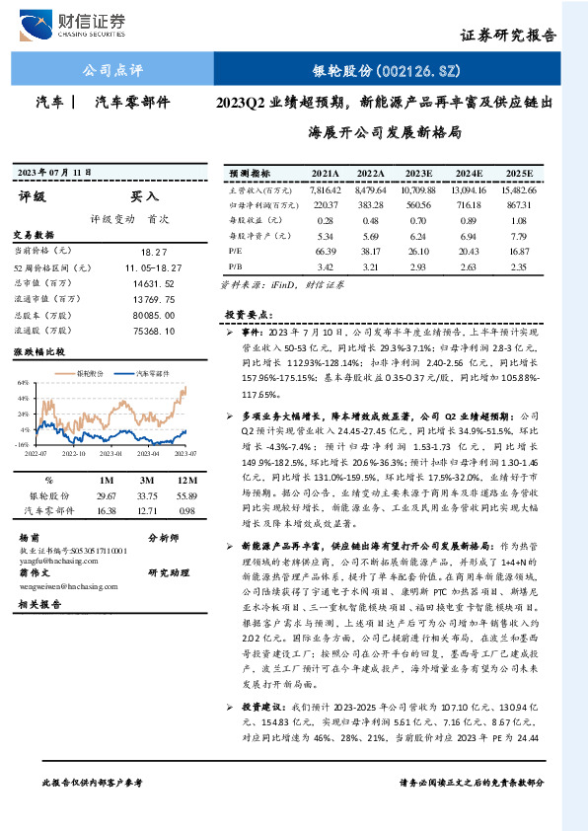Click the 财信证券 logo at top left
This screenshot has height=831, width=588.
click(x=86, y=22)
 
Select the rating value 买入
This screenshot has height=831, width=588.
click(x=144, y=196)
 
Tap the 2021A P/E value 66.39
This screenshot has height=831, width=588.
click(x=326, y=251)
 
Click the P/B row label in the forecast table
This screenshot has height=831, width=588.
click(x=235, y=265)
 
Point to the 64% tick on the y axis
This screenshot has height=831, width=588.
click(x=21, y=382)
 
